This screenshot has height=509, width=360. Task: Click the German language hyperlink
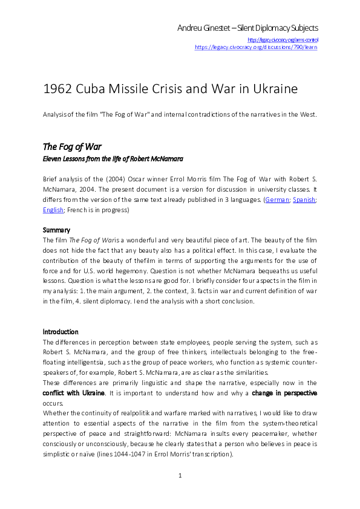point(278,199)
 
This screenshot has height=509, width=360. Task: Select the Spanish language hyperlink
point(304,199)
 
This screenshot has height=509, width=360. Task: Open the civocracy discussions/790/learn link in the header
point(256,47)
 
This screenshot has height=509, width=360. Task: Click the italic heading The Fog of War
point(72,147)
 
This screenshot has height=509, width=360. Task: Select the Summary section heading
point(56,230)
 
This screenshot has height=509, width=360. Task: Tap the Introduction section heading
point(61,332)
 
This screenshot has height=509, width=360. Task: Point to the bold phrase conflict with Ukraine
point(74,393)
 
